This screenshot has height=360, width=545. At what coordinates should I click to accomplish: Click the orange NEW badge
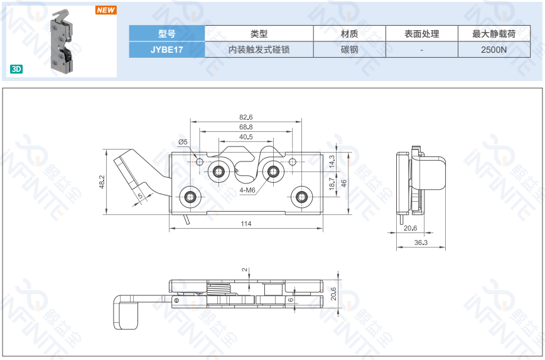(106, 10)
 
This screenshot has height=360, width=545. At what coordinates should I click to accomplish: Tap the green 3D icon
(16, 69)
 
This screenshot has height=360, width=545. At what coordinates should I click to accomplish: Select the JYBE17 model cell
(167, 50)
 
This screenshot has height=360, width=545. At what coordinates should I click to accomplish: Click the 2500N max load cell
(494, 50)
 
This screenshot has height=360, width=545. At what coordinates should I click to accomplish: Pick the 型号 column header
(167, 34)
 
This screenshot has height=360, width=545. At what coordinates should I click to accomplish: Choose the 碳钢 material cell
(350, 50)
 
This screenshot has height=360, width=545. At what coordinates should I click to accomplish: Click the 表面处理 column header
(422, 34)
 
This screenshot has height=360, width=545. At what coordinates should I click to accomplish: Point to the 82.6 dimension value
(246, 117)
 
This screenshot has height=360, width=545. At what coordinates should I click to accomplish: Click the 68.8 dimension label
(246, 127)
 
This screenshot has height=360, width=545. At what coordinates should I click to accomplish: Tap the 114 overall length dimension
(246, 224)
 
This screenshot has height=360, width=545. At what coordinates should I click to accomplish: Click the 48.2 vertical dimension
(102, 182)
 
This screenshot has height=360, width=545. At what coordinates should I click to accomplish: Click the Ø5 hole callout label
(183, 143)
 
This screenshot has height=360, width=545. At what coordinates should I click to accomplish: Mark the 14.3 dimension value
(332, 162)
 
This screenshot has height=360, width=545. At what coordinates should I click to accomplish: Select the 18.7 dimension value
(332, 183)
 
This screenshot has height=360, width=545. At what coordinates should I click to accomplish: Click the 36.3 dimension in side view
(421, 243)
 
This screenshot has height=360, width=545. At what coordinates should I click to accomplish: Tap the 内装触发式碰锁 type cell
(259, 50)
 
